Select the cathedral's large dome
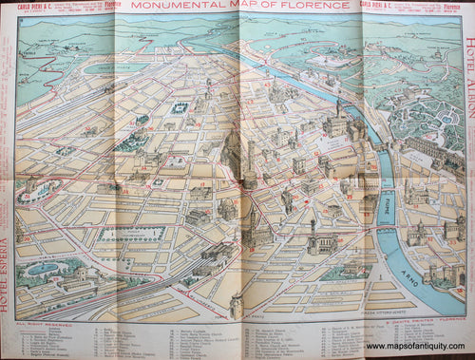(235, 152)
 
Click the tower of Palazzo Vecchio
(313, 229)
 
